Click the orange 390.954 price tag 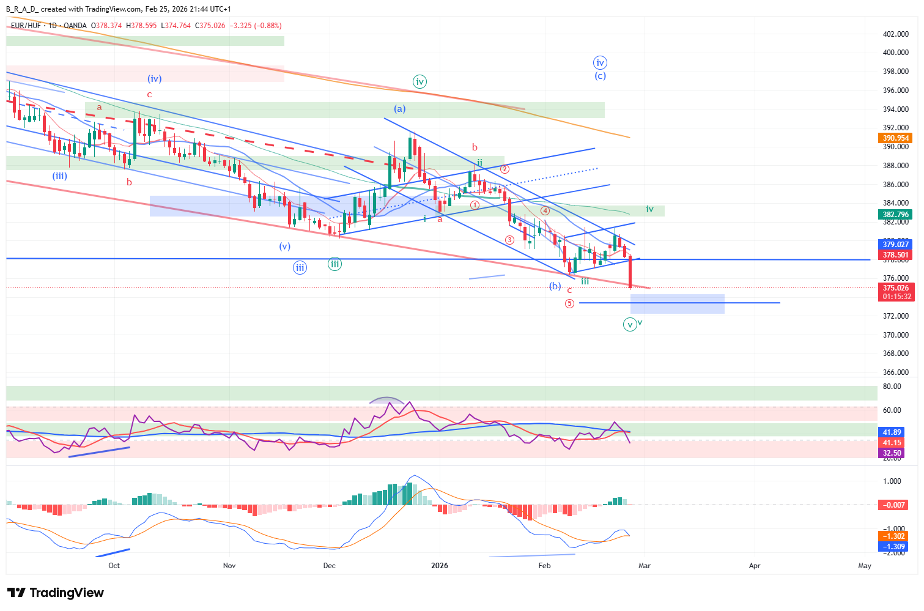coord(895,138)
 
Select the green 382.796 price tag coord(895,215)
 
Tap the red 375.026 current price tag coord(895,288)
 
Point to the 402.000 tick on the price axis coord(895,34)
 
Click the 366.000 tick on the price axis coord(895,372)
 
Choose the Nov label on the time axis coord(229,566)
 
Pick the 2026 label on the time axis coord(440,566)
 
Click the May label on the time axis coord(864,566)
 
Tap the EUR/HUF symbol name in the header coord(26,26)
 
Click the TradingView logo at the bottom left coord(56,593)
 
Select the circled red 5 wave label coord(569,303)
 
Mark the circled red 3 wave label coord(509,240)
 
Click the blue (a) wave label coord(399,109)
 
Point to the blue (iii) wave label coord(59,176)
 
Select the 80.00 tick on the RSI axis coord(892,387)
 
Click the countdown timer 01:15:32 coord(896,297)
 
